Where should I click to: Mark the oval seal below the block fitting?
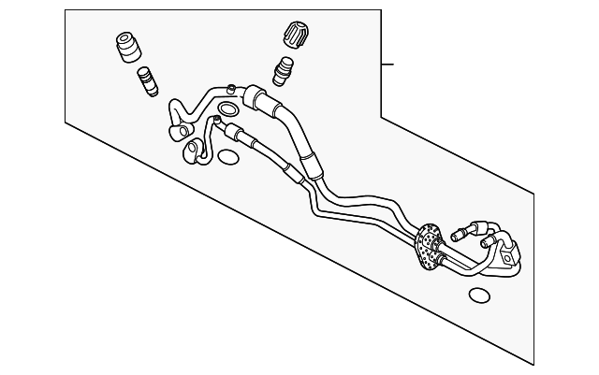[x=479, y=296]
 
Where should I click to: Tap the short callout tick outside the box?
[x=390, y=65]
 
